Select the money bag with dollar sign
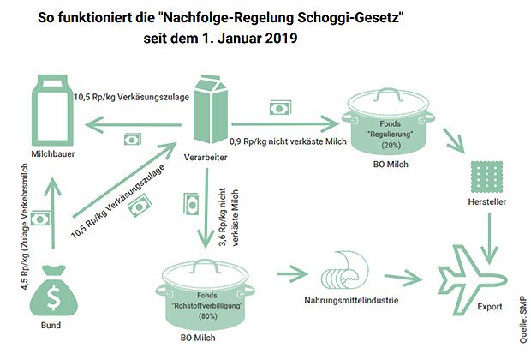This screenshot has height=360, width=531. coord(53,292)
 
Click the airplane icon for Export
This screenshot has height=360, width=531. coord(472,280)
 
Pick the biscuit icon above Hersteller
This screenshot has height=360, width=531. coord(486,177)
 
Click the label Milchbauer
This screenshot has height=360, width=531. coord(53,154)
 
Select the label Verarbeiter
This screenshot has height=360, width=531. coord(206,158)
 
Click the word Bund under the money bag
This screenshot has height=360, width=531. coord(51,326)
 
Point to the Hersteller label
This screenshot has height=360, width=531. coord(487,202)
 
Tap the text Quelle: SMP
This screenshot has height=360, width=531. coord(523,320)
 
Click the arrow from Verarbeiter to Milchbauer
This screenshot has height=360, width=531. coord(133,125)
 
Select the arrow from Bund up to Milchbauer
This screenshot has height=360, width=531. coord(53,213)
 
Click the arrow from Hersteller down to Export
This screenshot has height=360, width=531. coord(489,238)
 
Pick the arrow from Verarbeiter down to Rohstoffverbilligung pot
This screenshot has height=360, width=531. coord(206,208)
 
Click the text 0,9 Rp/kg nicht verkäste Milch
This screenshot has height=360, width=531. coord(288,141)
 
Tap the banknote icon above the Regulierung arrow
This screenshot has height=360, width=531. coord(280,108)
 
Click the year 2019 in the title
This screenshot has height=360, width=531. coord(281,38)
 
